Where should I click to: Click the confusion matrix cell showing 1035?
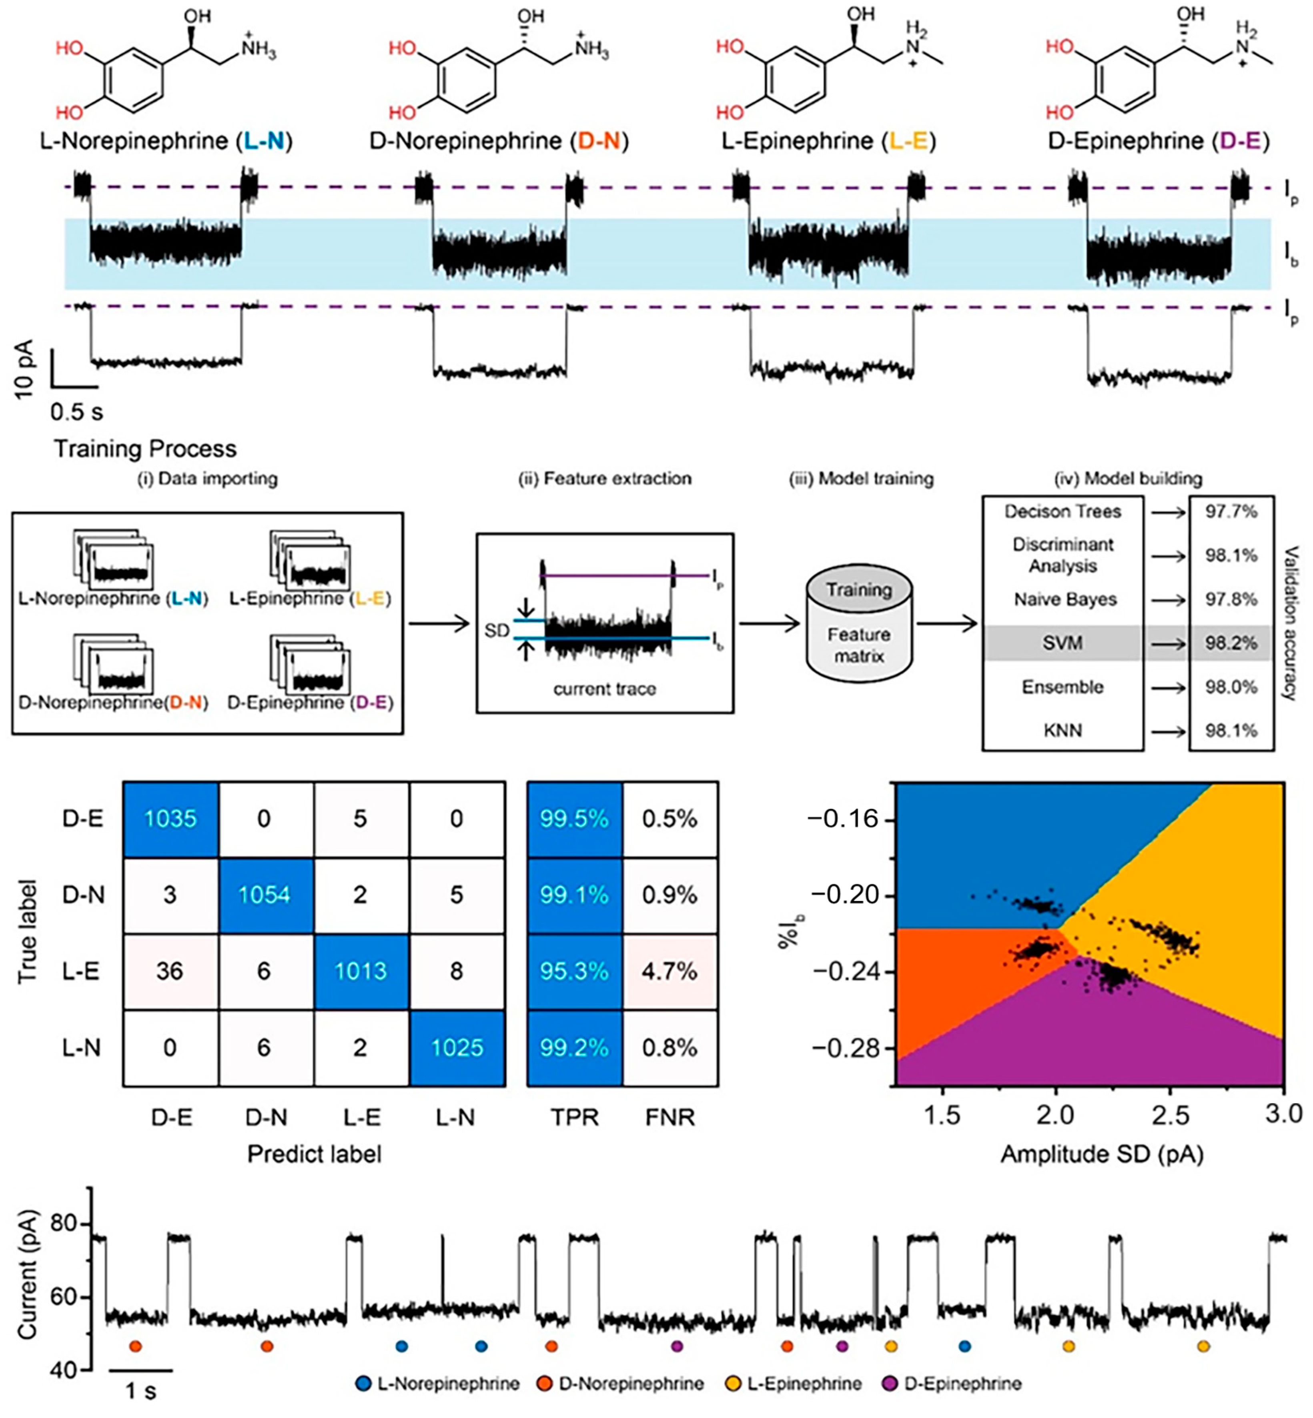point(170,819)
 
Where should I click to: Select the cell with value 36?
point(170,971)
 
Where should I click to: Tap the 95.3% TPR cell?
point(574,971)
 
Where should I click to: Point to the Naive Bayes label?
point(1064,600)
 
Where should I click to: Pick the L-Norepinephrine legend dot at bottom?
point(363,1383)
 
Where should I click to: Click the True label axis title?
point(27,932)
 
